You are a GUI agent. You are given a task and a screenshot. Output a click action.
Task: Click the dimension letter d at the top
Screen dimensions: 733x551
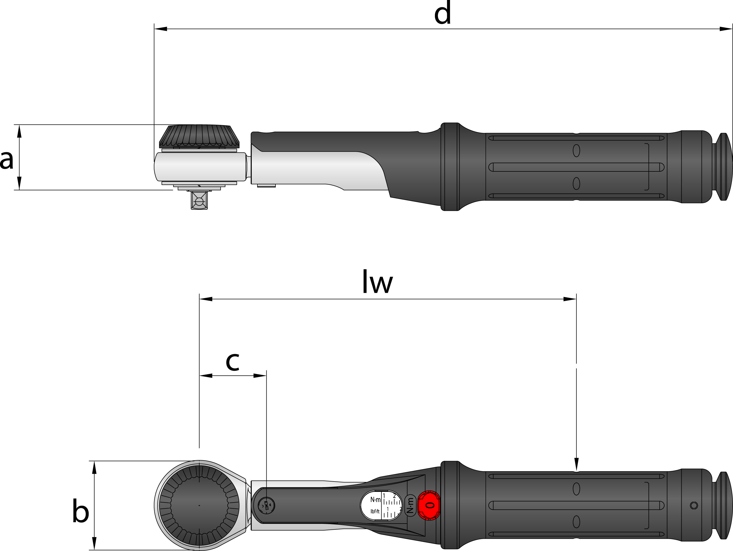[x=442, y=13]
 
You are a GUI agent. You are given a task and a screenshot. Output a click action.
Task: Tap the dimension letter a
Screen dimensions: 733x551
[x=7, y=160]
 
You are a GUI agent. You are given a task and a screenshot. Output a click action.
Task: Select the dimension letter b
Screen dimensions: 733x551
[x=81, y=510]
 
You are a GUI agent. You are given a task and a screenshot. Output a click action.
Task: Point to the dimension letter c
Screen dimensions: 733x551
[x=232, y=361]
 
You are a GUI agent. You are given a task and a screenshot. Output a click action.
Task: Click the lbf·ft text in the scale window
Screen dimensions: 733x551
[x=375, y=512]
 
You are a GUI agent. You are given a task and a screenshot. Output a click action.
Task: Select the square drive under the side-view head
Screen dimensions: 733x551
[x=199, y=200]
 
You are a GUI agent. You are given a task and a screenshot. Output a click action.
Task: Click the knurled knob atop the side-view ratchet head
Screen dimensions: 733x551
[x=199, y=136]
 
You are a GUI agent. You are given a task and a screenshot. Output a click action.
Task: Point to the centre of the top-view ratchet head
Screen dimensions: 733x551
[x=199, y=505]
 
